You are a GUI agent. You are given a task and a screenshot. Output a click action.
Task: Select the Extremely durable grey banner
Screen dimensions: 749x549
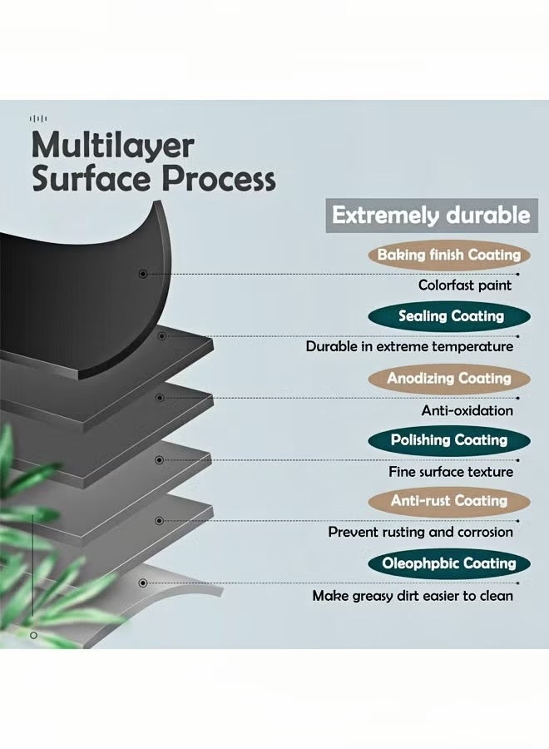tap(430, 215)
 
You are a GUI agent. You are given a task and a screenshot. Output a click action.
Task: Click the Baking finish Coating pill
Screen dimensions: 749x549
tap(449, 255)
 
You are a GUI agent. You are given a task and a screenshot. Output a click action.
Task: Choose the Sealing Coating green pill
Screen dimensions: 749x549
tap(451, 316)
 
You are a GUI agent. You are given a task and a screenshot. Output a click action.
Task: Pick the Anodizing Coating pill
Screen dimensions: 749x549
tap(449, 378)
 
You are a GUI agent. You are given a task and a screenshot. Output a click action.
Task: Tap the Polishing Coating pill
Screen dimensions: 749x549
tap(449, 439)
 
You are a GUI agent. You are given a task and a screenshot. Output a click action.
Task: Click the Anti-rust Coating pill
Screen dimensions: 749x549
tap(449, 501)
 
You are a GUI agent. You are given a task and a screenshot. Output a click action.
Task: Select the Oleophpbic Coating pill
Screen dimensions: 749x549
tap(449, 563)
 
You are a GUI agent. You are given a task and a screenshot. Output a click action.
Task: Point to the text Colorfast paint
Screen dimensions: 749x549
tap(465, 285)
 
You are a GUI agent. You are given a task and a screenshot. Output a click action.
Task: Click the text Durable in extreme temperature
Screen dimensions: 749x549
tap(409, 346)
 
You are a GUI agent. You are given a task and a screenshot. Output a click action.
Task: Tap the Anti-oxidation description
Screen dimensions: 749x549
tap(467, 409)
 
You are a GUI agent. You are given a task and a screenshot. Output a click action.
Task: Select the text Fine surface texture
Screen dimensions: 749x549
tap(451, 471)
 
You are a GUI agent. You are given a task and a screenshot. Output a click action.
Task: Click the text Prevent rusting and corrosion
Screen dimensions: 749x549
tap(420, 532)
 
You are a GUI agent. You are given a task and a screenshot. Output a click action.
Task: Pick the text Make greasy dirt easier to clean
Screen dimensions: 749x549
tap(413, 596)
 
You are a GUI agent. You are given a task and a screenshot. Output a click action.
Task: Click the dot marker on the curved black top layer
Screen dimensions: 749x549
tap(143, 273)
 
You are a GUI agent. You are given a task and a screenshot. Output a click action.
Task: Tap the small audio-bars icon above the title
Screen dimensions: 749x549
tap(37, 118)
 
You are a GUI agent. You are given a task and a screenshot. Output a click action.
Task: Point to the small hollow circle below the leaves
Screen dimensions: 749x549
tap(34, 635)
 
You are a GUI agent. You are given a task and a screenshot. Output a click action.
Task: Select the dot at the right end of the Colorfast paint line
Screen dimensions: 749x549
tap(518, 273)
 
